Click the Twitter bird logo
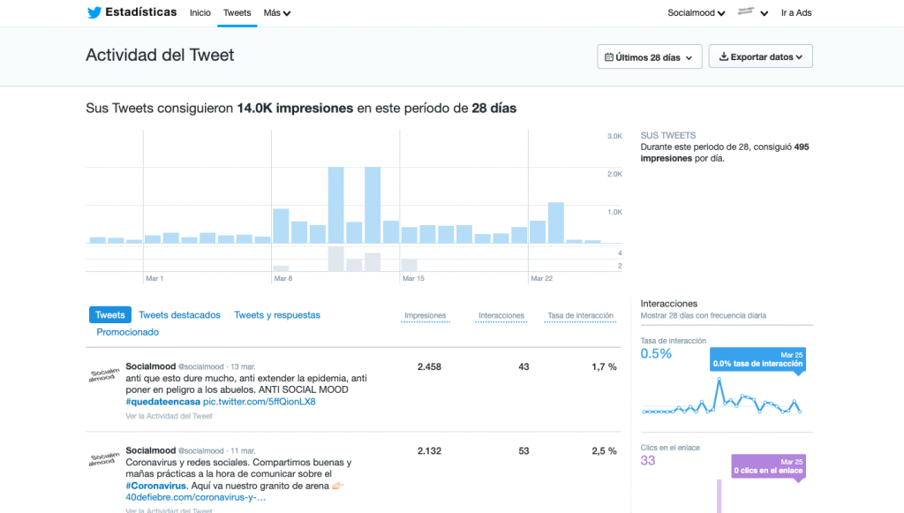point(94,12)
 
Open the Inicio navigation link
point(200,13)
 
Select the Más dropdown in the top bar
point(277,13)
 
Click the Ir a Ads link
point(796,13)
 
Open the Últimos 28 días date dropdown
point(650,57)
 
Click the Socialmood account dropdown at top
point(697,13)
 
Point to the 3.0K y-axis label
point(614,136)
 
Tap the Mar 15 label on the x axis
point(413,279)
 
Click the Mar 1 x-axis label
point(154,279)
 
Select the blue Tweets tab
point(110,315)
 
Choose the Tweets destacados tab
point(179,315)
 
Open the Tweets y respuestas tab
point(277,315)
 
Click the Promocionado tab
point(128,332)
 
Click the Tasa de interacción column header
point(581,315)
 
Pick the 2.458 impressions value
point(429,366)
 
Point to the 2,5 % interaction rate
point(604,451)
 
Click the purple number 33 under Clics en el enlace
point(648,461)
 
